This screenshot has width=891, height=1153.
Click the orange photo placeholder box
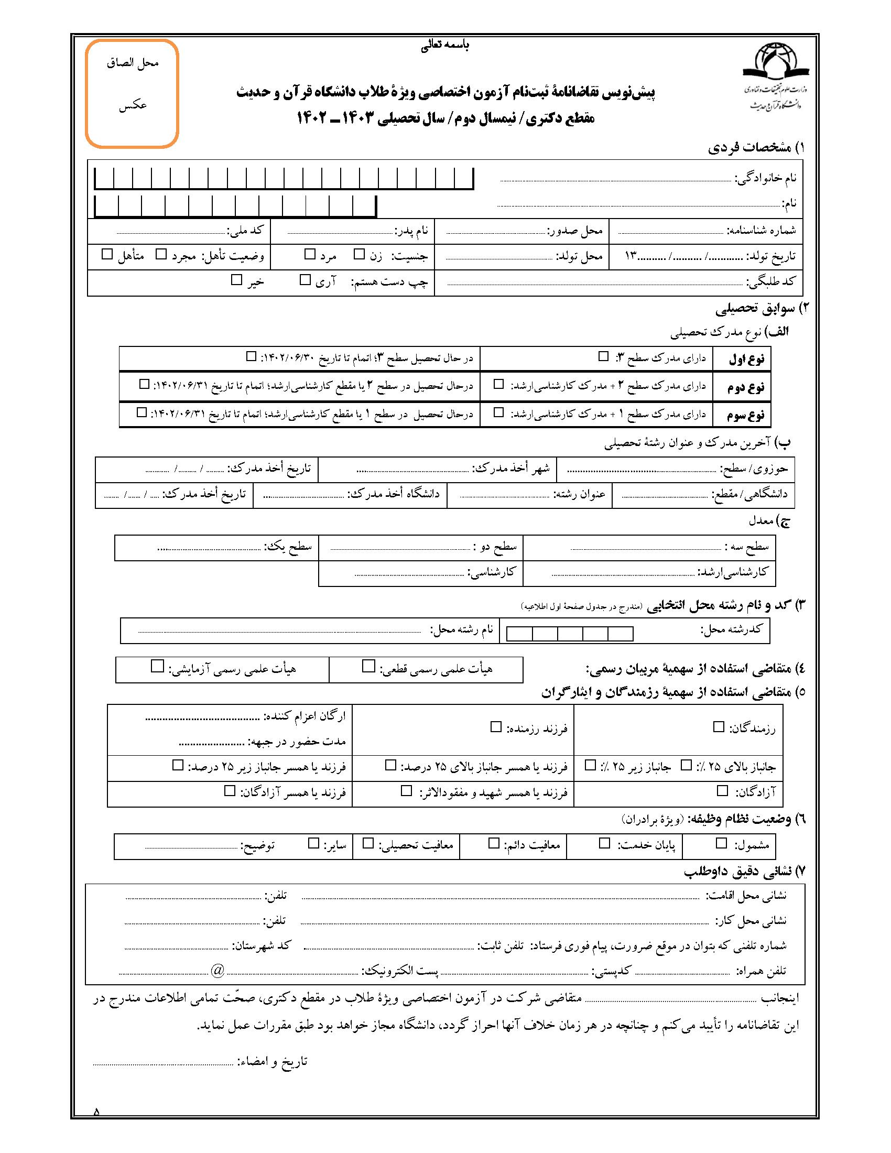132,93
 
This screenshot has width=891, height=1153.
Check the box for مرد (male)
310,255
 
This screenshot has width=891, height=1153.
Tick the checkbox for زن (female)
359,255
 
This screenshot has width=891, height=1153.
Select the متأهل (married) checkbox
107,255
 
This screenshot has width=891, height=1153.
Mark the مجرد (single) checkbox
161,255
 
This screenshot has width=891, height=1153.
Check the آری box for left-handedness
305,280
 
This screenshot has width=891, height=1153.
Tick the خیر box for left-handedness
236,280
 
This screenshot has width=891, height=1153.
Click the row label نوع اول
746,360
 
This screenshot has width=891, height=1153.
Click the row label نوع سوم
745,415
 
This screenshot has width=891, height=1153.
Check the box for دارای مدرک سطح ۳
603,357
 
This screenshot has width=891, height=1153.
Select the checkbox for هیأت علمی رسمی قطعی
368,667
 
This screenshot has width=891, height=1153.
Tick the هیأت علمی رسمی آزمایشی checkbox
157,666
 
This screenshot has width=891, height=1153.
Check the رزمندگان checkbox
719,727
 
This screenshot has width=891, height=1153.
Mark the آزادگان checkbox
722,791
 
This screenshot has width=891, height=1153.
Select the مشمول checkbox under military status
721,843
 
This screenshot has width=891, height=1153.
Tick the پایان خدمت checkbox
604,843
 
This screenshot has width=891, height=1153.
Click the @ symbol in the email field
218,970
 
